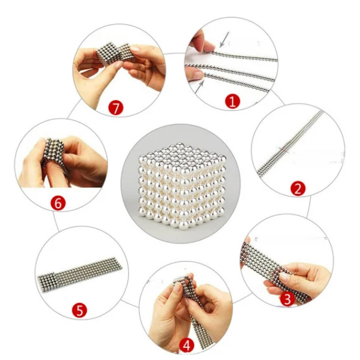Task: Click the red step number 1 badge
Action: pos(232,101)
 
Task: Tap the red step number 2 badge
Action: pos(298,189)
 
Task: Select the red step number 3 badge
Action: pos(287,299)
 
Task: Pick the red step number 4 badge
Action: pos(187,346)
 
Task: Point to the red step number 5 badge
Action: pos(79,310)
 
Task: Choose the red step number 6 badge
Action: pos(58,203)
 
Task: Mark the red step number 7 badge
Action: pos(116,107)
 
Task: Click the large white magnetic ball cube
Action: pos(182,185)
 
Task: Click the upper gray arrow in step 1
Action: pos(224,39)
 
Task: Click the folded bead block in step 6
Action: pos(55,152)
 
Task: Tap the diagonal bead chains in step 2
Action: pos(290,143)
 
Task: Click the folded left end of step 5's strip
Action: pos(46,283)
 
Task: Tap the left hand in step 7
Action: pos(97,76)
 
